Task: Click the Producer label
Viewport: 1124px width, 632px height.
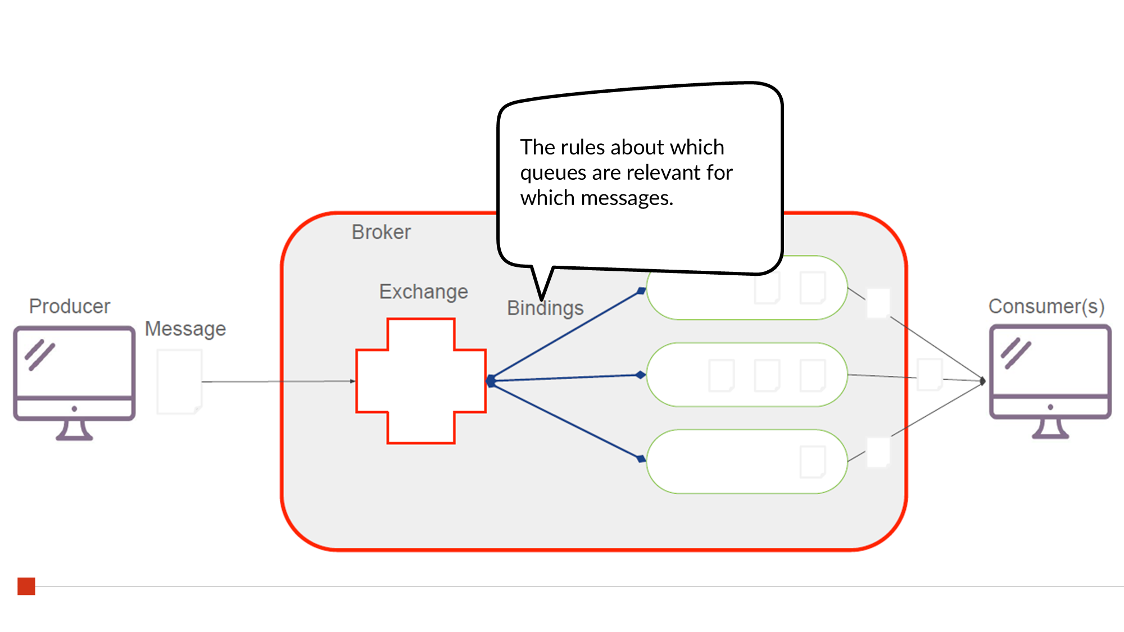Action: (70, 306)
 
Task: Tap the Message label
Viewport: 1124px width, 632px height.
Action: (185, 329)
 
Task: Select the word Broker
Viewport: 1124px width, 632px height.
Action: (381, 232)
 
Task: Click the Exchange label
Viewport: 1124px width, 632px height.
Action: (423, 292)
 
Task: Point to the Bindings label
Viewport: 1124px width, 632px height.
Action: (545, 308)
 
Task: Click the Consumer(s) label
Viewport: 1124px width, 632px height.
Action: (1046, 306)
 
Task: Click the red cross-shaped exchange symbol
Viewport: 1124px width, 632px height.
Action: (421, 381)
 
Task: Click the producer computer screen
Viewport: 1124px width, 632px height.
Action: (74, 362)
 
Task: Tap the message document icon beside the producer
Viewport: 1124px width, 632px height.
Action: (179, 381)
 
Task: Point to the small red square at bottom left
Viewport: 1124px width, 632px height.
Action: (26, 586)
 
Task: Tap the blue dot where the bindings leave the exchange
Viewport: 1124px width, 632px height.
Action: (491, 381)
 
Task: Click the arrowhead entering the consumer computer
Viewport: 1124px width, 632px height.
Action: (982, 381)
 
